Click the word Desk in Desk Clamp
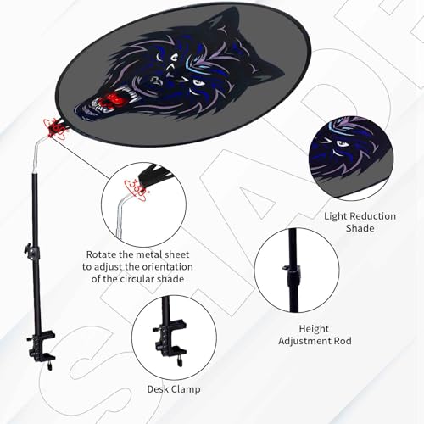coord(158,389)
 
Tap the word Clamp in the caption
coord(186,389)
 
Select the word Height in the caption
coord(314,329)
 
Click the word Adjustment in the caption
coord(304,341)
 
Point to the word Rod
coord(343,341)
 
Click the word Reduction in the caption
coord(372,216)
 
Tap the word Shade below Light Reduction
coord(360,228)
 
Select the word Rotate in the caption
coord(101,254)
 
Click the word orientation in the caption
coord(167,266)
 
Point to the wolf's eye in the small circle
coord(341,144)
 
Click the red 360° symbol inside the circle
coord(137,190)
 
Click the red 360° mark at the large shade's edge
coord(55,129)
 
